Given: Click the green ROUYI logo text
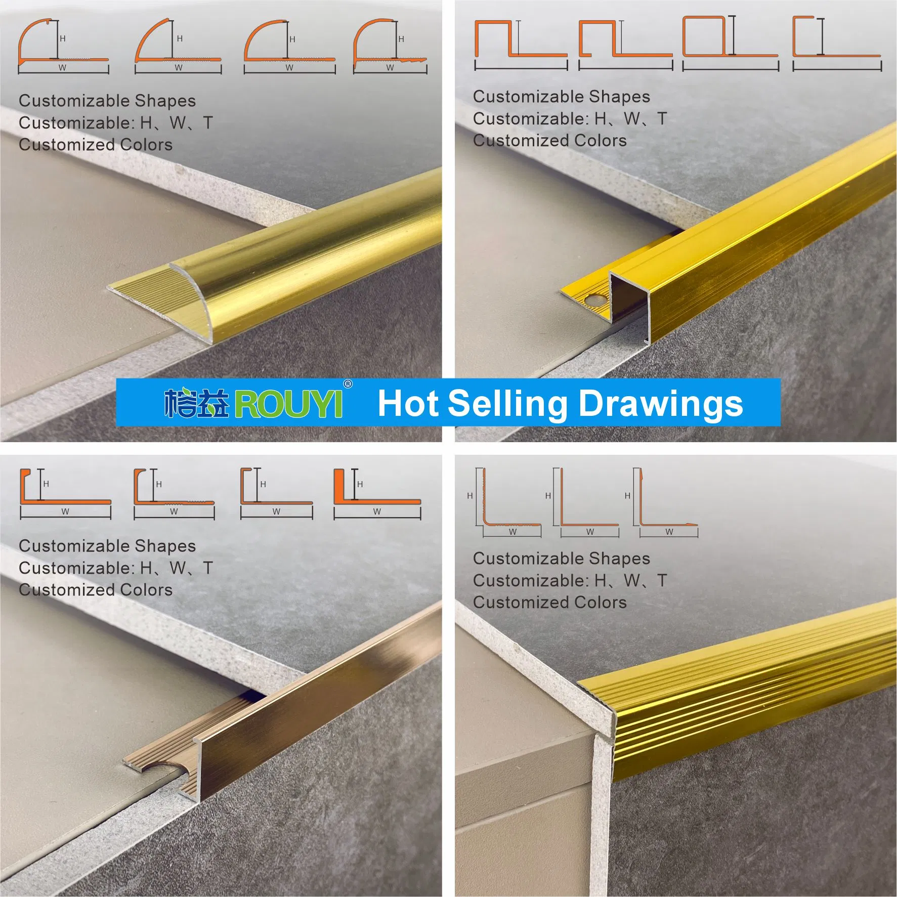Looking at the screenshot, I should (289, 404).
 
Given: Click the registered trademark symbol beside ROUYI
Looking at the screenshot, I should (348, 384).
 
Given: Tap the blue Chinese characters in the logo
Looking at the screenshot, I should (197, 403).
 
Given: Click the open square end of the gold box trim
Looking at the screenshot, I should (629, 303).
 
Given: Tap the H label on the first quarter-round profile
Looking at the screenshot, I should (63, 38).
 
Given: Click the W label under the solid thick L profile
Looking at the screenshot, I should (377, 511).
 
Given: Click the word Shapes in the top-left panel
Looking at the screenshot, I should (165, 101).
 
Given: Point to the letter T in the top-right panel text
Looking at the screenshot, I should (662, 118).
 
